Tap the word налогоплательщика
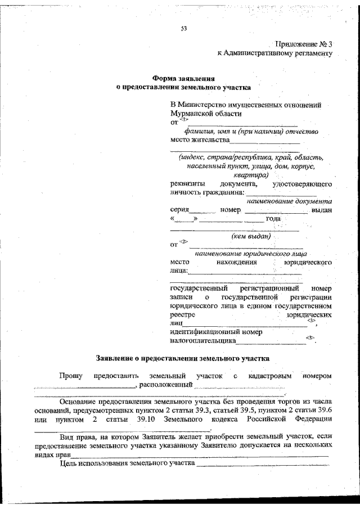point(202,340)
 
